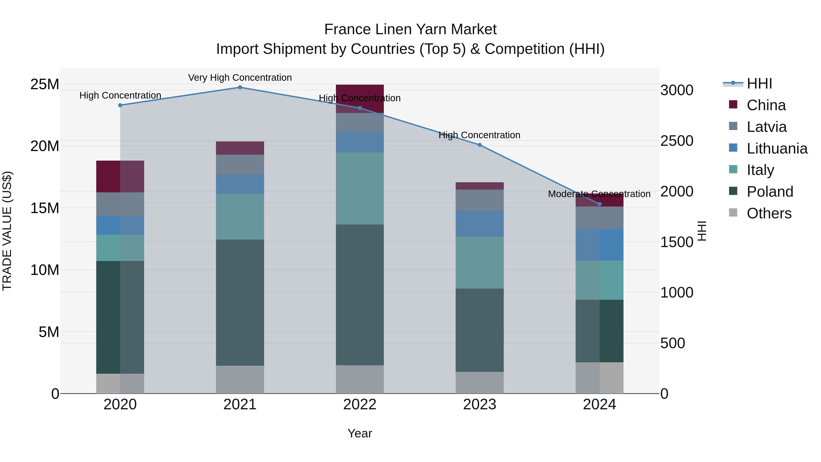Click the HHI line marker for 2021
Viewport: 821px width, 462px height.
(240, 87)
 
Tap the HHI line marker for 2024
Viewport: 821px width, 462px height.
(600, 204)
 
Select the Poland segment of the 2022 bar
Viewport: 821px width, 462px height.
(360, 295)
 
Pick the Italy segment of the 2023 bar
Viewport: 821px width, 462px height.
(480, 263)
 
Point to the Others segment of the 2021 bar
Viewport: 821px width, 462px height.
(240, 379)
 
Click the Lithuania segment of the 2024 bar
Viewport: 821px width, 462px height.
(600, 245)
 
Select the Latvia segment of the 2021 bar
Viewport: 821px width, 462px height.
(240, 165)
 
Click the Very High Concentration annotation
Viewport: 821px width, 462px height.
(240, 78)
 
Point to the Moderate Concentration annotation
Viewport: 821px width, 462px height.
(599, 194)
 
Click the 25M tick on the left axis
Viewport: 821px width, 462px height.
(45, 84)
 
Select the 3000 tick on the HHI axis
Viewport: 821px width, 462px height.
(677, 90)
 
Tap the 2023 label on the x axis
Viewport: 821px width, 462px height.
(480, 405)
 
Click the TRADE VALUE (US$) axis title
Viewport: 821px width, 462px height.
(7, 231)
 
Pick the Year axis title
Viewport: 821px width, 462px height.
(360, 433)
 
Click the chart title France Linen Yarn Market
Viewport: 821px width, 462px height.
(410, 29)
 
